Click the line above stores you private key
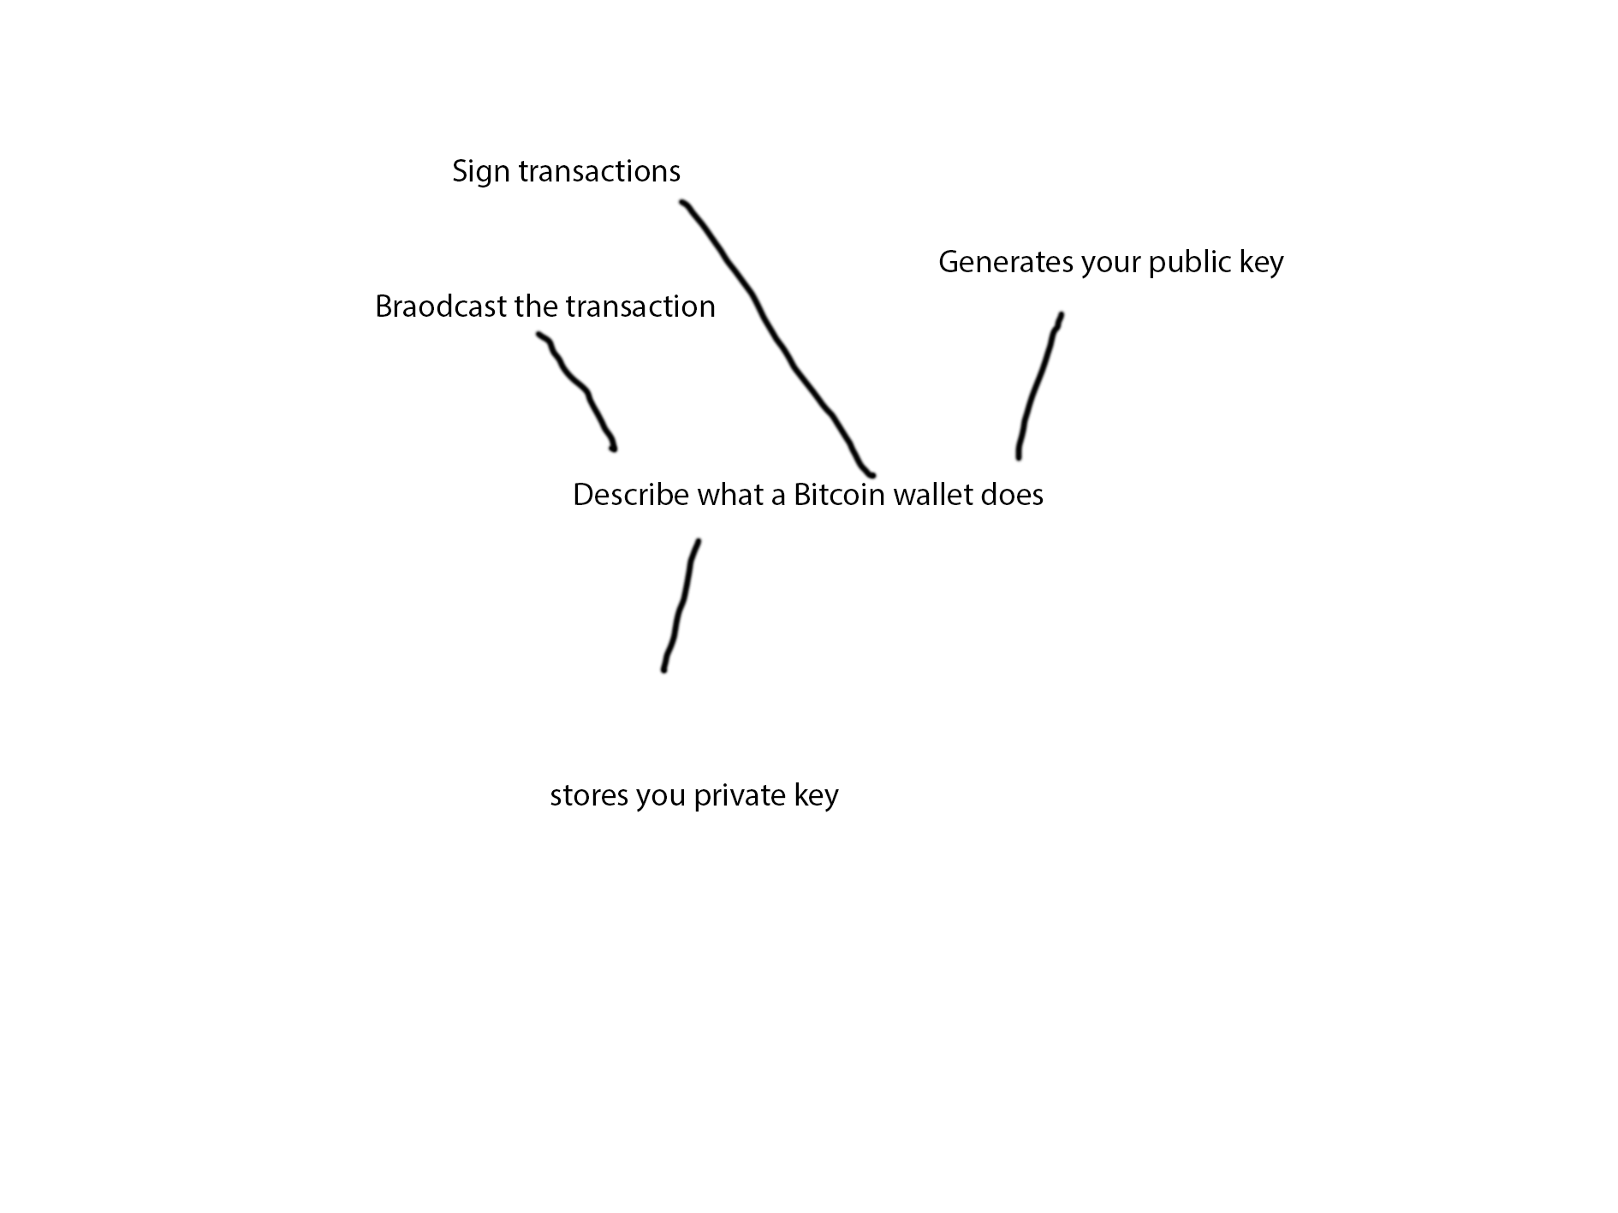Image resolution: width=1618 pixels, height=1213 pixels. [682, 604]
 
